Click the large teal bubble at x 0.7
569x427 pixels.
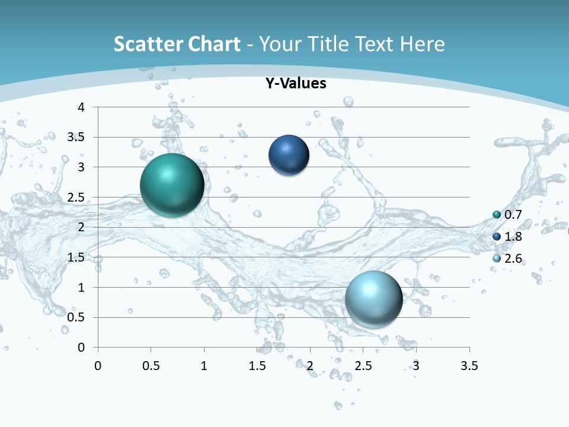coord(172,185)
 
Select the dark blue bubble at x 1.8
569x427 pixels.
coord(289,155)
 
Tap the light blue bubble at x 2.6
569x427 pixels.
coord(373,298)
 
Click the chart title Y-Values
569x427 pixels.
coord(295,84)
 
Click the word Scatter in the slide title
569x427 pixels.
coord(145,44)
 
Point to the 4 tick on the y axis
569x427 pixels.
coord(81,107)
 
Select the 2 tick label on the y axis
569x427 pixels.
coord(81,227)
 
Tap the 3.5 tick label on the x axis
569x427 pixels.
coord(469,366)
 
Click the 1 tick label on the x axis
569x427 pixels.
coord(204,366)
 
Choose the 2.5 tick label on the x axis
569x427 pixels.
coord(363,366)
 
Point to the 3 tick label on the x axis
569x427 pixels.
coord(416,366)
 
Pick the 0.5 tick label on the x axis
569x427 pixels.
coord(151,366)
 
